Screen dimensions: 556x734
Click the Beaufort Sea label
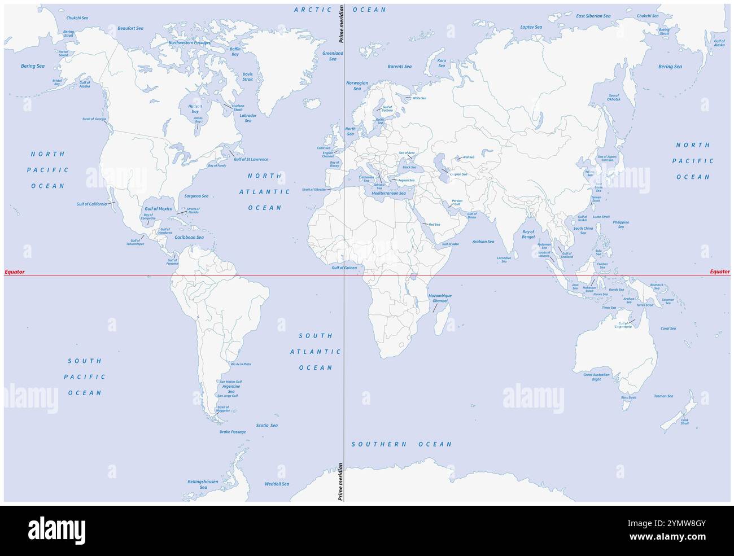point(130,28)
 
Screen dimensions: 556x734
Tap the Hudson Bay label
point(190,109)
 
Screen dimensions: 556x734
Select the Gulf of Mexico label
point(158,209)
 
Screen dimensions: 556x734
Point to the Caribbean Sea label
point(189,238)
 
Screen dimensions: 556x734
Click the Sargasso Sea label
point(196,196)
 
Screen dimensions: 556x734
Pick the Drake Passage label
point(233,432)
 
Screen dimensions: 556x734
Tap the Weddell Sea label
point(277,484)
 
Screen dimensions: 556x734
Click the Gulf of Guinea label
point(344,268)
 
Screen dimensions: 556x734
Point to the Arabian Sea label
point(483,242)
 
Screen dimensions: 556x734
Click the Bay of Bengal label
point(528,234)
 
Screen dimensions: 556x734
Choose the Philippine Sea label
point(621,224)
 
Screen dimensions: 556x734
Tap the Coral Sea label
point(669,328)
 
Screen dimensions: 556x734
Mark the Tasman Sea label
point(663,396)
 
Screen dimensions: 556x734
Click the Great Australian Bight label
point(596,377)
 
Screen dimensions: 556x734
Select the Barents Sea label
point(399,67)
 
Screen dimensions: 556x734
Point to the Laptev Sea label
point(531,27)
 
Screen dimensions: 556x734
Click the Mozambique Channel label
point(440,298)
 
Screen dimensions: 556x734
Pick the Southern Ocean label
point(401,444)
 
